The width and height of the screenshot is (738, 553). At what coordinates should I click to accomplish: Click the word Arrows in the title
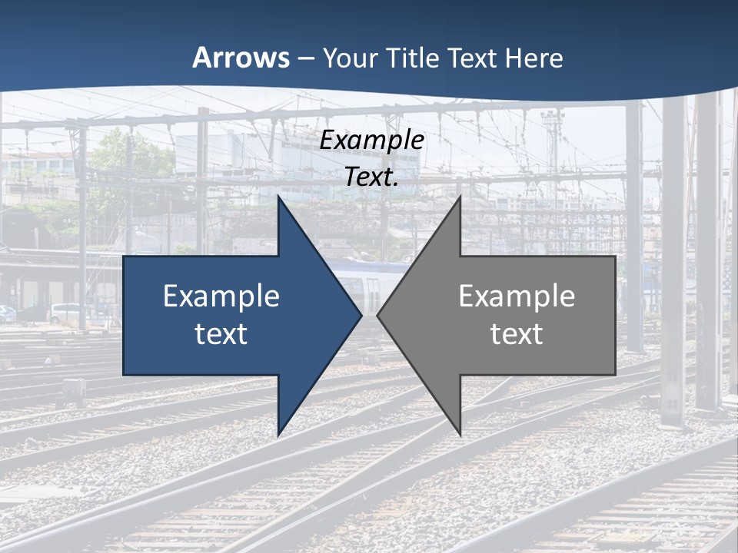[x=241, y=58]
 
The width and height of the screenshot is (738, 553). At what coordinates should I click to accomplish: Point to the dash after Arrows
[x=306, y=58]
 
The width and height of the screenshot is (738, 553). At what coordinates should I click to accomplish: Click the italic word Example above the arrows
[x=371, y=141]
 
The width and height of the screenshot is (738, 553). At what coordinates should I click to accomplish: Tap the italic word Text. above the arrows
[x=371, y=177]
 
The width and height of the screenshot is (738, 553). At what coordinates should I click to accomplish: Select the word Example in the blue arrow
[x=221, y=296]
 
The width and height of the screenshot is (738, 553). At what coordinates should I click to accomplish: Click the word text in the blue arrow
[x=221, y=334]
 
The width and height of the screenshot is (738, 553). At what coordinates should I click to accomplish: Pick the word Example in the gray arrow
[x=517, y=296]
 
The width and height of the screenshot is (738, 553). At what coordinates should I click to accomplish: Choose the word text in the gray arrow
[x=517, y=334]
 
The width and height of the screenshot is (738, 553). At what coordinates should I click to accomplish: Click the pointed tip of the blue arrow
[x=361, y=316]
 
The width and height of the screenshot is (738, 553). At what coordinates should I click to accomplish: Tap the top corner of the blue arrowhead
[x=278, y=197]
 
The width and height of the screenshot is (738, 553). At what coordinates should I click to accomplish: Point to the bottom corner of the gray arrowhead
[x=460, y=435]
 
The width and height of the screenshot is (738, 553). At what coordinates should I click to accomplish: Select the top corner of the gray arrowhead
[x=460, y=197]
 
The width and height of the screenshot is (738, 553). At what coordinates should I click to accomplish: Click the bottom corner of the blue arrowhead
[x=278, y=435]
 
